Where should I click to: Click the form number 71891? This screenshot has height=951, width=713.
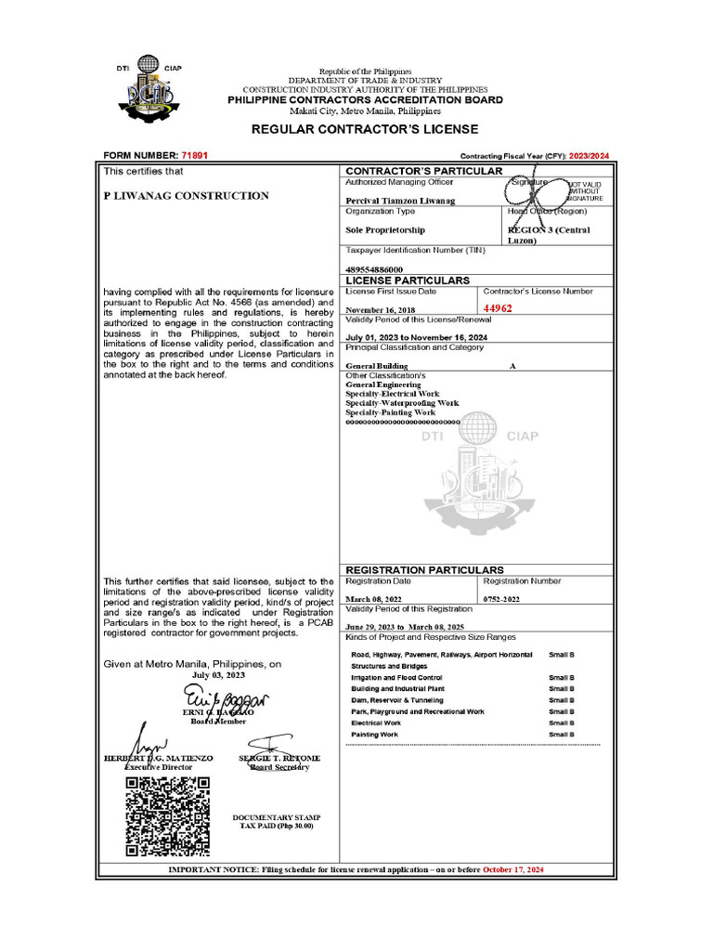click(x=195, y=155)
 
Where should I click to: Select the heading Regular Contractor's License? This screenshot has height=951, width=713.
click(x=365, y=129)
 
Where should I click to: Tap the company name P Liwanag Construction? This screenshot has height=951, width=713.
click(x=186, y=196)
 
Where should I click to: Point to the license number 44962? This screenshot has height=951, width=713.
click(x=499, y=307)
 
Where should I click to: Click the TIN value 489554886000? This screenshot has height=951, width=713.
click(x=374, y=269)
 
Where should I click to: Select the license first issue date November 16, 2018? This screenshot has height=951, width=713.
click(x=382, y=310)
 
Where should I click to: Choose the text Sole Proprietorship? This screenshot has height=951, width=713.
click(x=385, y=230)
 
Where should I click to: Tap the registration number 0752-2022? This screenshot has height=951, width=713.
click(x=503, y=600)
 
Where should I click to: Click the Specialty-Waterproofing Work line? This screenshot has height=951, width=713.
click(x=402, y=403)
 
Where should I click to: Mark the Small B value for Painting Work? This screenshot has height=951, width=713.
click(x=562, y=734)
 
